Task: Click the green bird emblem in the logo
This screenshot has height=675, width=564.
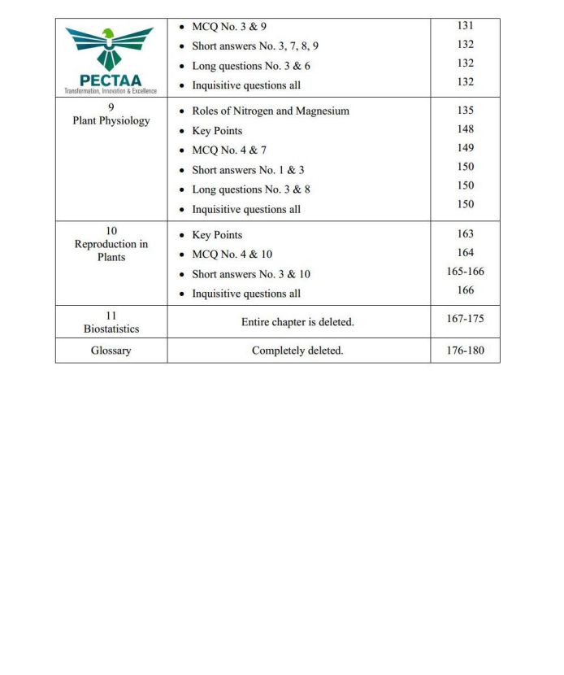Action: point(109,46)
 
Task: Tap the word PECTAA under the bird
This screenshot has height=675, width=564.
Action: point(111,81)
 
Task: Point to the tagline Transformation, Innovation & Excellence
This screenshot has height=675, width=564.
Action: point(111,91)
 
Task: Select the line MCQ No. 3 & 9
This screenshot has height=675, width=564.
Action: point(228,27)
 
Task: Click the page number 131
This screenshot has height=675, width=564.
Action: point(465,26)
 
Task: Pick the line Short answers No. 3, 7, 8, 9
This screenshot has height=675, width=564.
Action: point(254,46)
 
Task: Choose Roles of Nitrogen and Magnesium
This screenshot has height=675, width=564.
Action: point(270,111)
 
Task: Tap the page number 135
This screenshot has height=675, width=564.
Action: point(465,110)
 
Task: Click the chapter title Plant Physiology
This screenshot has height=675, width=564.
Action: point(111,121)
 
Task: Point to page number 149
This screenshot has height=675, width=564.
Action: point(465,148)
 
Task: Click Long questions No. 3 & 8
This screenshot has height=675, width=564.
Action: point(250,189)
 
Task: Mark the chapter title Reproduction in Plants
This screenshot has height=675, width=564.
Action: point(111,250)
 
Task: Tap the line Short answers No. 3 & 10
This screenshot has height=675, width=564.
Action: point(250,274)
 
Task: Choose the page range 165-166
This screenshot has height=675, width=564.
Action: point(465,272)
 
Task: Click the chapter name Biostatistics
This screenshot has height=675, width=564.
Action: point(111,329)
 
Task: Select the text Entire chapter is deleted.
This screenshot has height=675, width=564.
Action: point(297,322)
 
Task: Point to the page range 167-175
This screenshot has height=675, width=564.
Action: point(465,319)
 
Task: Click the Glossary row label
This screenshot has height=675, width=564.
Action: point(111,351)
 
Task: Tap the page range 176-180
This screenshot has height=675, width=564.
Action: point(465,351)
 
